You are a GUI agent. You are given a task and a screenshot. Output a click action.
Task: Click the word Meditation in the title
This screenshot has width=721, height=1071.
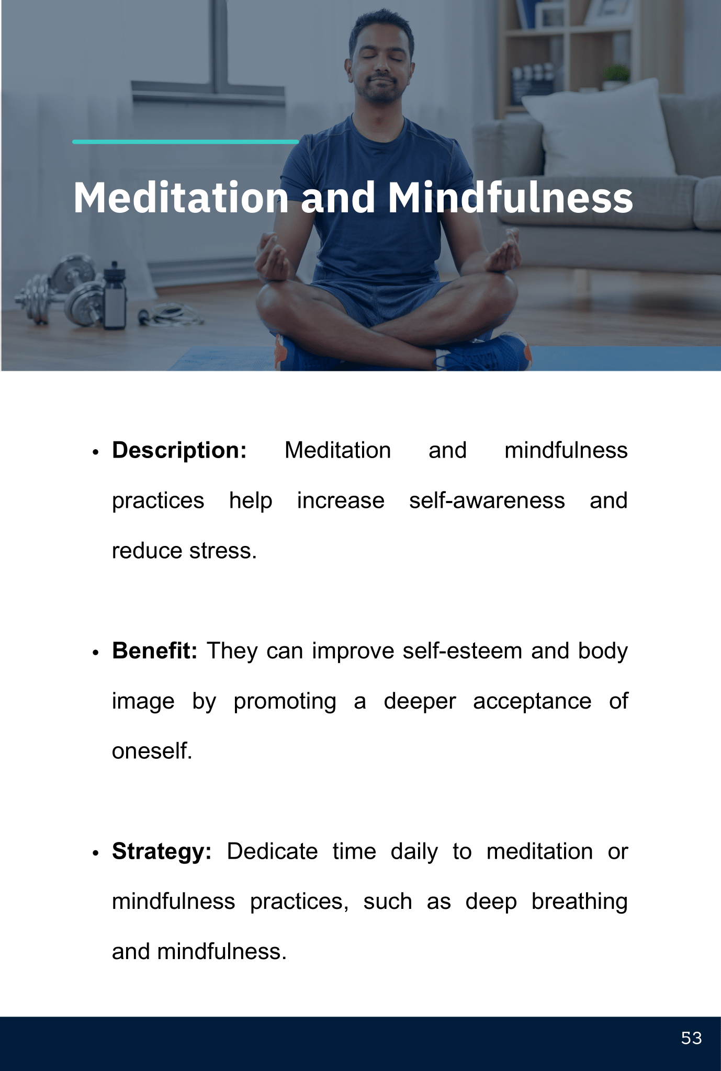(x=181, y=198)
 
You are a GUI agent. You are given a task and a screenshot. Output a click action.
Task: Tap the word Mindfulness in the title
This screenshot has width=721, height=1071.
(x=510, y=198)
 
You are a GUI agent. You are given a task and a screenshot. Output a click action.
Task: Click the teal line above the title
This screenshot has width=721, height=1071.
(x=186, y=142)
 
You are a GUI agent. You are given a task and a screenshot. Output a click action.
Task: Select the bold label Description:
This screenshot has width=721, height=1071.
(x=179, y=451)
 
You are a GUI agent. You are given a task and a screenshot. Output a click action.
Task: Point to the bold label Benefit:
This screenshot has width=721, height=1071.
(x=155, y=651)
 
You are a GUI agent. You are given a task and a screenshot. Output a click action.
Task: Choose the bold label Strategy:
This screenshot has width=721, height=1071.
(x=162, y=852)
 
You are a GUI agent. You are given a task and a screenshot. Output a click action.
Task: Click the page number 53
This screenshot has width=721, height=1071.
(x=691, y=1038)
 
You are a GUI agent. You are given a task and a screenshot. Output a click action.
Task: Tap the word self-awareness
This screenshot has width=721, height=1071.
(x=487, y=500)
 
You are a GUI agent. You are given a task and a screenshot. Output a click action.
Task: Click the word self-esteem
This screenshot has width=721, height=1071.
(x=463, y=651)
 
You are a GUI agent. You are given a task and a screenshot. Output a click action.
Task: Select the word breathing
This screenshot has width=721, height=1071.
(x=580, y=902)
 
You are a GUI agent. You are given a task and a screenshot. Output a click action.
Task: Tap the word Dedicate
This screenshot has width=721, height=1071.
(x=273, y=852)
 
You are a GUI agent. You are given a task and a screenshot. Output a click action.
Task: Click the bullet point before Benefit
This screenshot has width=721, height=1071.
(x=95, y=653)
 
